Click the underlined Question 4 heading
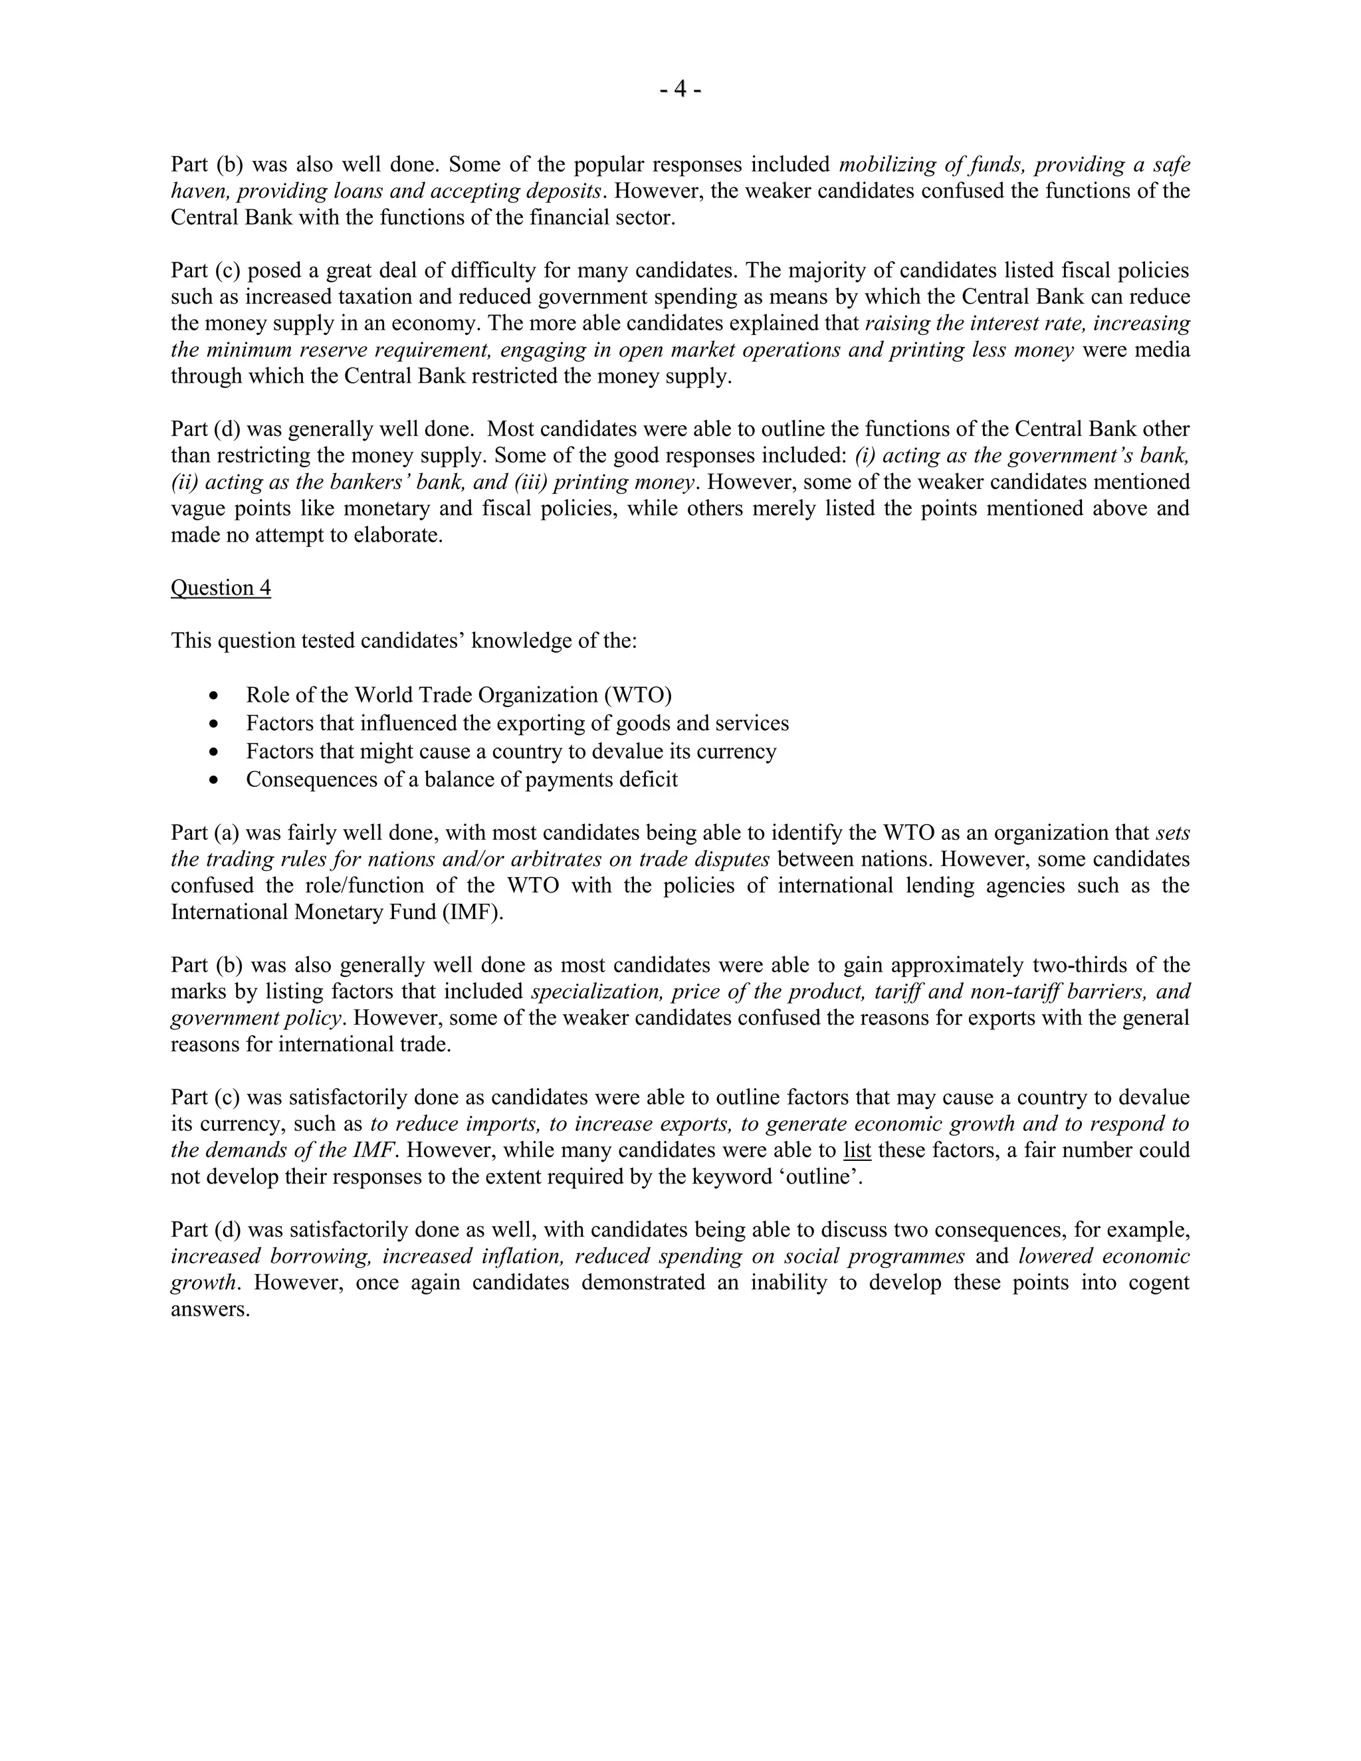click(x=220, y=588)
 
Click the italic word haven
click(x=199, y=191)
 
